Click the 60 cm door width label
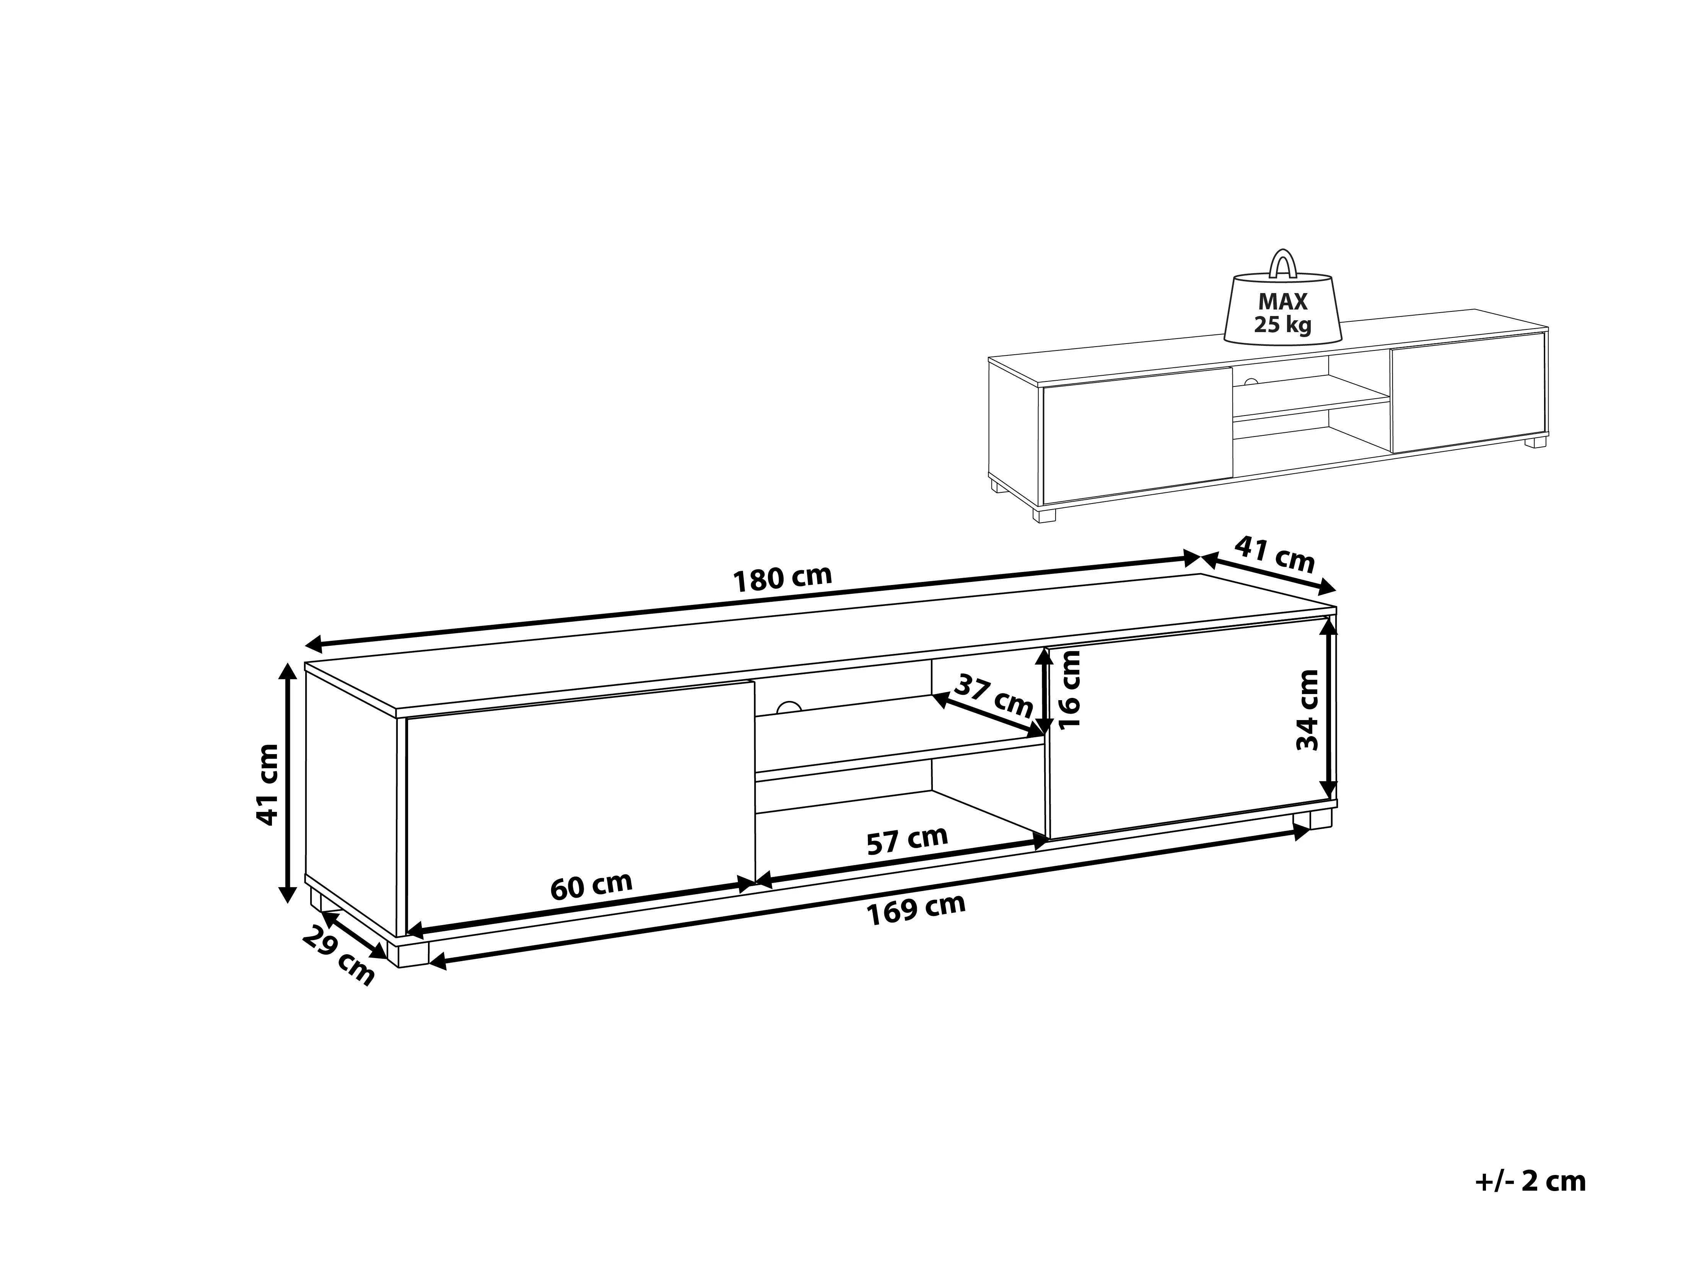591,886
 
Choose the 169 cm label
916,909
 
